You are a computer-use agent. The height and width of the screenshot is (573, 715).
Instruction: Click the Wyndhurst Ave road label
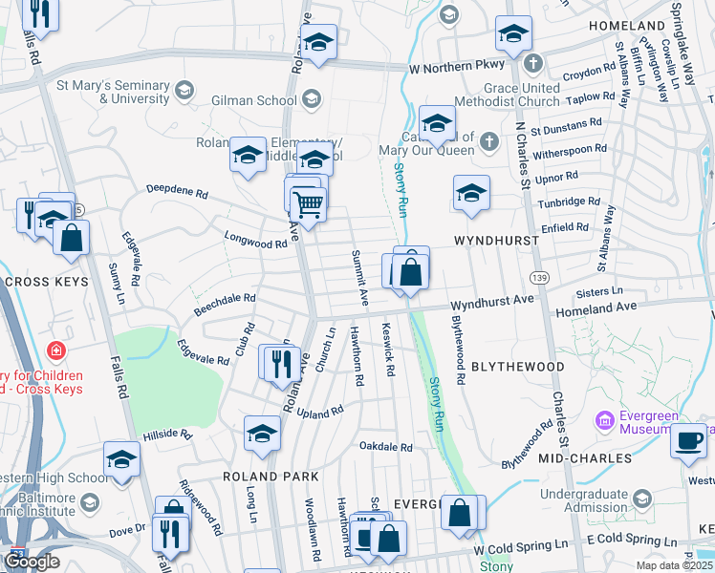pyautogui.click(x=491, y=300)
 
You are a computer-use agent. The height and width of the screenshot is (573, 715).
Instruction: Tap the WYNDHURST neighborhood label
pyautogui.click(x=496, y=241)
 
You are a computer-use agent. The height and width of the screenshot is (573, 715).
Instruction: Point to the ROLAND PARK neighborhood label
pyautogui.click(x=262, y=476)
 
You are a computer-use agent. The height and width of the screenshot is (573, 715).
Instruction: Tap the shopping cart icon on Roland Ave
pyautogui.click(x=308, y=202)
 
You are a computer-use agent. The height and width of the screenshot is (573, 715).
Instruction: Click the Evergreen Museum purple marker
pyautogui.click(x=604, y=420)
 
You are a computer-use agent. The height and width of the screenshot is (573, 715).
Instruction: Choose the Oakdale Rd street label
pyautogui.click(x=385, y=446)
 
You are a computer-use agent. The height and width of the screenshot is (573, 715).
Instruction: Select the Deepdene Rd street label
pyautogui.click(x=177, y=192)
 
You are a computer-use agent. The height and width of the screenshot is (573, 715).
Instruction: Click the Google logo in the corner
pyautogui.click(x=32, y=562)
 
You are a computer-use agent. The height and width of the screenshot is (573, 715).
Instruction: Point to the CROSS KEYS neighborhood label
pyautogui.click(x=47, y=283)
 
